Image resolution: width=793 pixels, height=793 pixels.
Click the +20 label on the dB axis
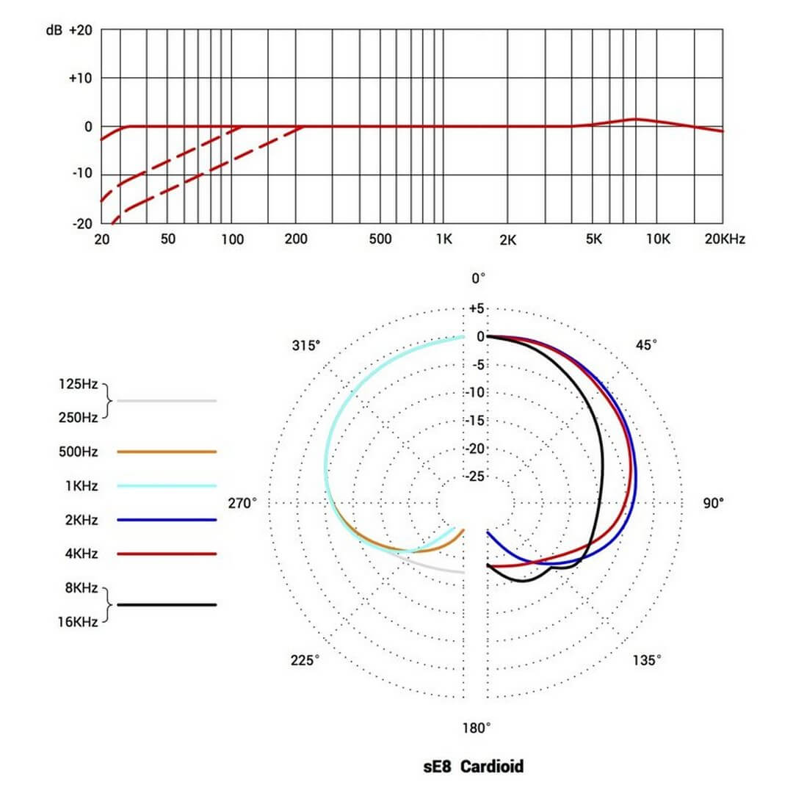pos(80,30)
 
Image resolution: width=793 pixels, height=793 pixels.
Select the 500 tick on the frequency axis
pos(380,239)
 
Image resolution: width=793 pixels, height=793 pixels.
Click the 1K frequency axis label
pos(443,239)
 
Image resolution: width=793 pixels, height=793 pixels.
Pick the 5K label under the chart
pos(594,239)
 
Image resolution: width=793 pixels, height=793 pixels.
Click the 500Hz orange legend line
pos(167,452)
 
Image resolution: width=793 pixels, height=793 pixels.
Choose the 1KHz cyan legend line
pos(167,485)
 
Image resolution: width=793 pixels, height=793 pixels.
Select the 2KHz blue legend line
pos(167,520)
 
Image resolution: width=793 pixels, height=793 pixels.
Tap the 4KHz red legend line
pos(167,554)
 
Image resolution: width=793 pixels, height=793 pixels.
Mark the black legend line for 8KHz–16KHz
pos(167,604)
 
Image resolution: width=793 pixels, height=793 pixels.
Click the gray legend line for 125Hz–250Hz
pos(167,401)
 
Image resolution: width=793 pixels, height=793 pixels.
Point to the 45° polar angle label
pos(645,345)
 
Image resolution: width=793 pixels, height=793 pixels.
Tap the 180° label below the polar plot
pos(476,728)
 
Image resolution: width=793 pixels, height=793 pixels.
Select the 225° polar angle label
pos(305,660)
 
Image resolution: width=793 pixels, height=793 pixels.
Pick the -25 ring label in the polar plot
pos(476,477)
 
